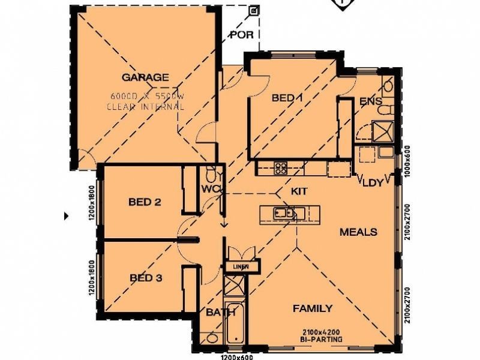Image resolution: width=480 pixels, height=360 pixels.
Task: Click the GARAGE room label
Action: point(145,77)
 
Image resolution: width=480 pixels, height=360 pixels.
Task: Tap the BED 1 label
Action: point(286,98)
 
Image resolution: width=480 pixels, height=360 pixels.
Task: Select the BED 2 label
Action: point(145,202)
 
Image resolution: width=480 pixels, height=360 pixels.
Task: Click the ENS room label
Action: point(370,101)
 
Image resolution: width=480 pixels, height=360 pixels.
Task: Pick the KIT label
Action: point(299,191)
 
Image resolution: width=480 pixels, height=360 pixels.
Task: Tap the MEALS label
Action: point(358,232)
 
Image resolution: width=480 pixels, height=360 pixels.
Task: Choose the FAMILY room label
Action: point(312,308)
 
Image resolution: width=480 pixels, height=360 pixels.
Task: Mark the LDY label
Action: point(373,183)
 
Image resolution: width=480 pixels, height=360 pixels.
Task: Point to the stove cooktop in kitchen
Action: point(281,168)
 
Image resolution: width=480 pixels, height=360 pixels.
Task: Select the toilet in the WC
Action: point(211,175)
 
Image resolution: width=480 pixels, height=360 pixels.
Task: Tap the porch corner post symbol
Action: point(254,11)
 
